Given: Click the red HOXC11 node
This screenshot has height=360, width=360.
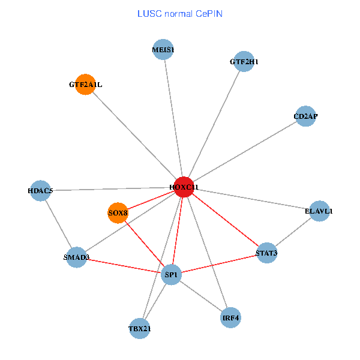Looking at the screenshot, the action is pyautogui.click(x=183, y=187).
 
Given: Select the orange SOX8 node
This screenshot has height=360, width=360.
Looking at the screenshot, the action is pyautogui.click(x=118, y=212).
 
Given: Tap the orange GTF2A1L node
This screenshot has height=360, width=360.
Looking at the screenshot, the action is pyautogui.click(x=86, y=85).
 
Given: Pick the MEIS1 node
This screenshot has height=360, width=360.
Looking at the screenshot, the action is pyautogui.click(x=163, y=50).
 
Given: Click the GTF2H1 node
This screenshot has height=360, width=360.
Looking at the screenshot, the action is pyautogui.click(x=244, y=61).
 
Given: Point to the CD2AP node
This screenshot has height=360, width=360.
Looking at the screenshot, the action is pyautogui.click(x=305, y=116).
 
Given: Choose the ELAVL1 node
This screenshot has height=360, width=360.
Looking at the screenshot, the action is pyautogui.click(x=319, y=211).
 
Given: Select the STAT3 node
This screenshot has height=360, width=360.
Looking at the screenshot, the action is pyautogui.click(x=266, y=253).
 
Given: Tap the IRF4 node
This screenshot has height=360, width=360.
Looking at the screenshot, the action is pyautogui.click(x=230, y=317).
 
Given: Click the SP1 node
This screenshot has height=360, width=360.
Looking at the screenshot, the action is pyautogui.click(x=171, y=275).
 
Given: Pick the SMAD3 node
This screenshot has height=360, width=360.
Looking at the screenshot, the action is pyautogui.click(x=76, y=257).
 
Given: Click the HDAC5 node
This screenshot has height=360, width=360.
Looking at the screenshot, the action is pyautogui.click(x=40, y=191).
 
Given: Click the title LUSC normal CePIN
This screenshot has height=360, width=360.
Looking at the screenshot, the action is pyautogui.click(x=180, y=13).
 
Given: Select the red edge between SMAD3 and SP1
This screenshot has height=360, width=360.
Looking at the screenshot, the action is pyautogui.click(x=124, y=266).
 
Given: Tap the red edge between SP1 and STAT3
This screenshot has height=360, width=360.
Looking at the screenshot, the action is pyautogui.click(x=219, y=264).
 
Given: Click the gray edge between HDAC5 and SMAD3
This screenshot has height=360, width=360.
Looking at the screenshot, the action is pyautogui.click(x=58, y=224).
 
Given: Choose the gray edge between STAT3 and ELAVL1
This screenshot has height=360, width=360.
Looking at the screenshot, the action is pyautogui.click(x=293, y=232).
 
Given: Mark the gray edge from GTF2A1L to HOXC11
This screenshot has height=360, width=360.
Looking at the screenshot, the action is pyautogui.click(x=134, y=136).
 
